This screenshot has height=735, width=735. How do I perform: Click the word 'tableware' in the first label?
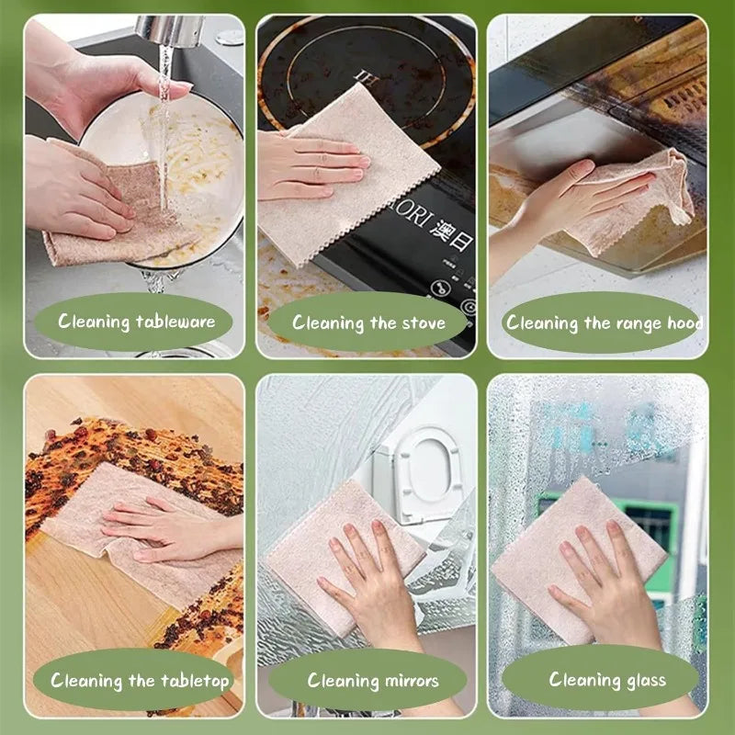(175, 322)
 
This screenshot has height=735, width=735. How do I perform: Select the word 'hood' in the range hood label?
(684, 322)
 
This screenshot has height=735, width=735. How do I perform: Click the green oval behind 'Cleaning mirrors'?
(372, 681)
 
